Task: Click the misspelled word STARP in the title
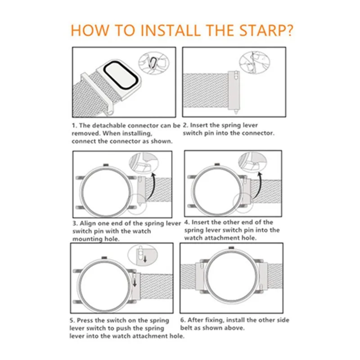point(261,30)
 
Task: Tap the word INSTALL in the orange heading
point(170,30)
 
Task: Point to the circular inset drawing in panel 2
point(254,62)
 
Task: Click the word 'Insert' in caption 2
point(199,125)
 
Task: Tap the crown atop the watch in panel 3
point(106,165)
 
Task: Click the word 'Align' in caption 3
point(88,224)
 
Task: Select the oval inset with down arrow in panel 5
point(143,255)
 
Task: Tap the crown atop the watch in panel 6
point(231,247)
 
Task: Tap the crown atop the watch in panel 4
point(217,164)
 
